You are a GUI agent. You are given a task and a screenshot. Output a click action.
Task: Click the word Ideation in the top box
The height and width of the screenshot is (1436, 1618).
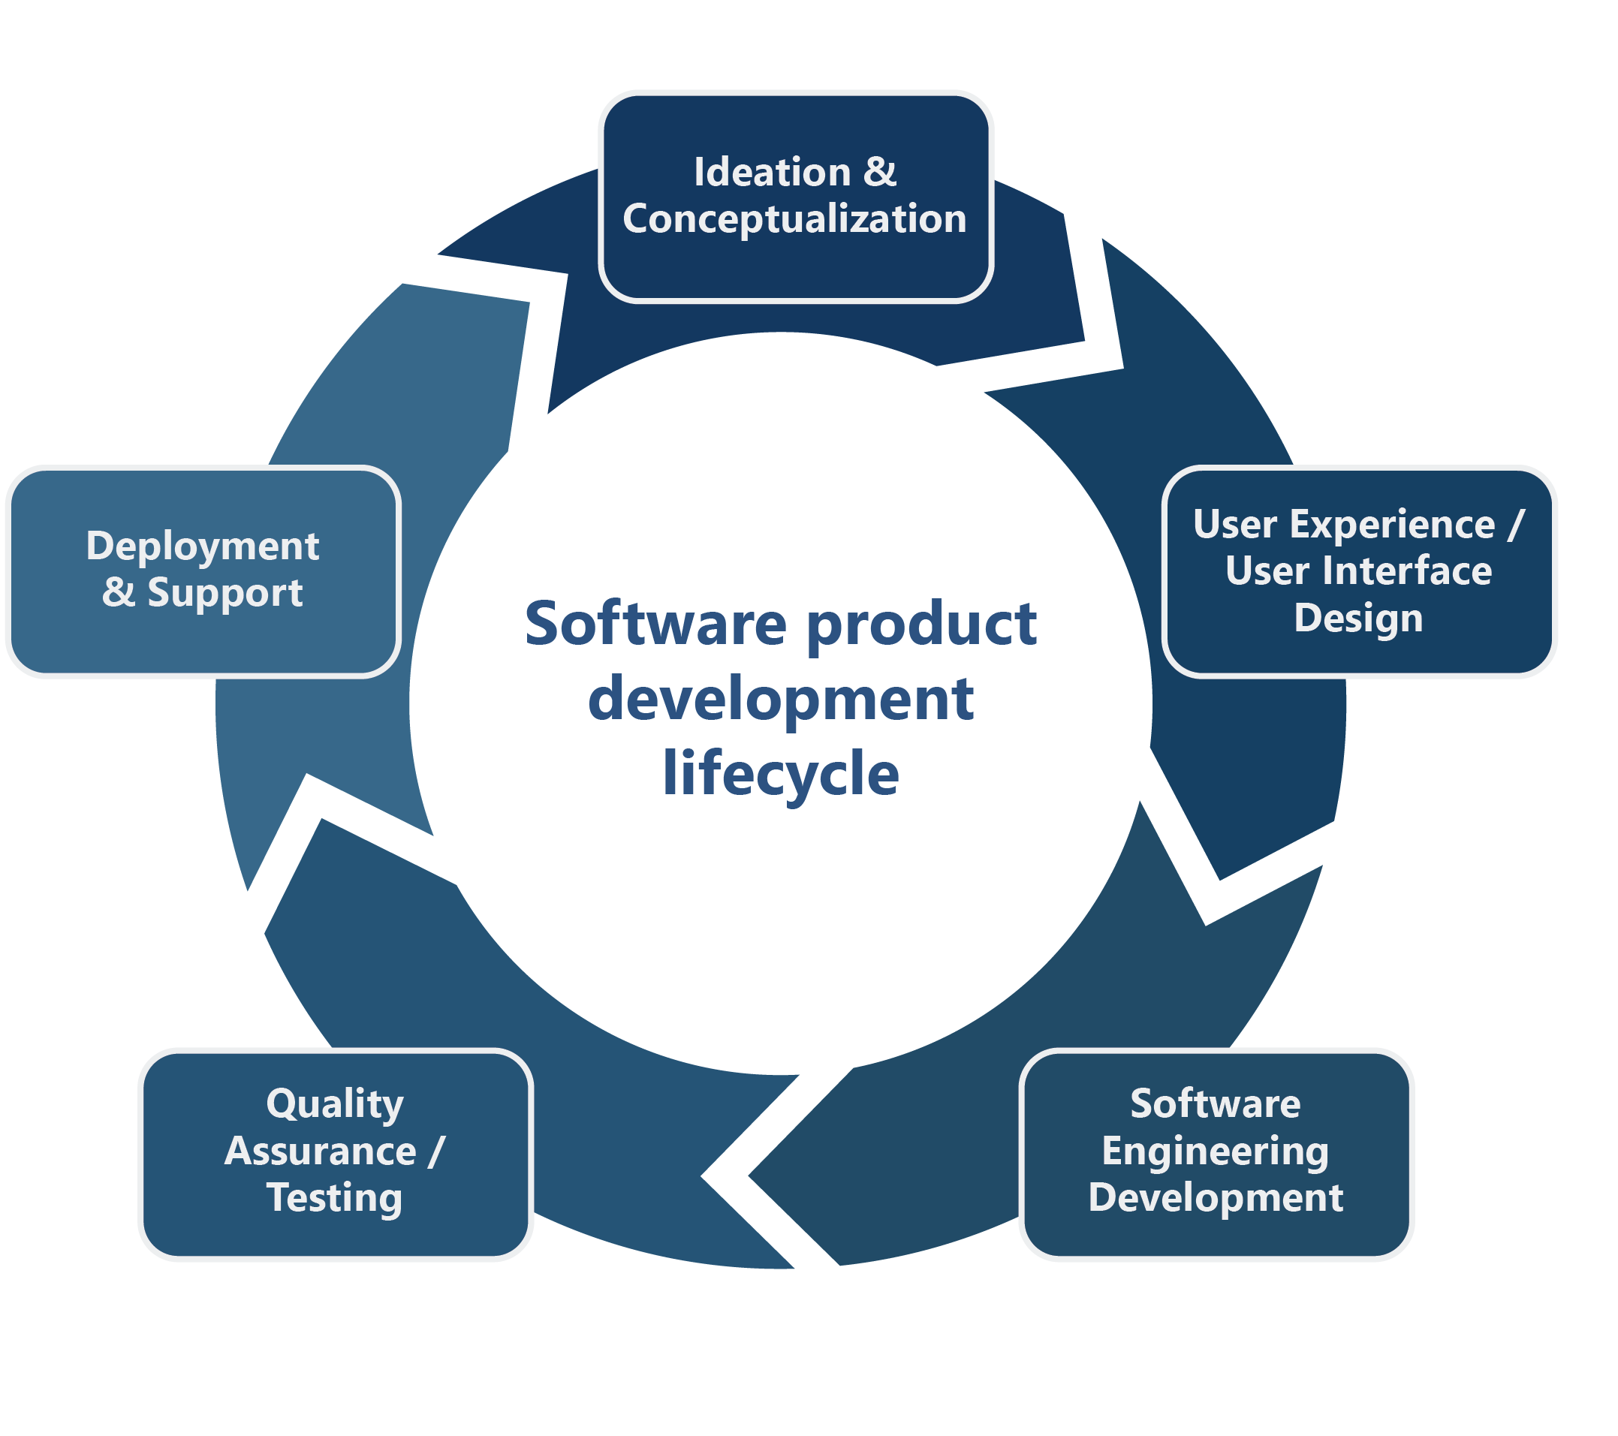tap(772, 172)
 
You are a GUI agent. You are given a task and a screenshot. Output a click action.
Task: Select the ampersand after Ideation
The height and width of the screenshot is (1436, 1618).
tap(879, 172)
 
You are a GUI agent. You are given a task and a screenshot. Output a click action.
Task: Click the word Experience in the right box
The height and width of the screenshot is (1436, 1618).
tap(1393, 524)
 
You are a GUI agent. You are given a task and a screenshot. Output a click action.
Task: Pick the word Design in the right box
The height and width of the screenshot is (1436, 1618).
tap(1357, 619)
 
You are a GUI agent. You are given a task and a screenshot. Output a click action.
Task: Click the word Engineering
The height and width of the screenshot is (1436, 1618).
tap(1215, 1151)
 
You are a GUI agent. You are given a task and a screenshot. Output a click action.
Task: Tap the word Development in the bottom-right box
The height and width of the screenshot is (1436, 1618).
tap(1215, 1198)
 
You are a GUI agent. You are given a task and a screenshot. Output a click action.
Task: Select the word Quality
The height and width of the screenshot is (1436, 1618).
tap(335, 1104)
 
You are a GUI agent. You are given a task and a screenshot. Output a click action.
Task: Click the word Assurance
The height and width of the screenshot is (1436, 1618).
tap(321, 1151)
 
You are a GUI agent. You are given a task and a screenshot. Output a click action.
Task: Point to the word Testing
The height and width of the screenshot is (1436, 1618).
tap(335, 1198)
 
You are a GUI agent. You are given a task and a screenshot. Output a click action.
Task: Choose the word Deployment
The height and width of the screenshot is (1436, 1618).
tap(203, 546)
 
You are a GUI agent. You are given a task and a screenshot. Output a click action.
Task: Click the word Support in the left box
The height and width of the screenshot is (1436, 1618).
tap(224, 593)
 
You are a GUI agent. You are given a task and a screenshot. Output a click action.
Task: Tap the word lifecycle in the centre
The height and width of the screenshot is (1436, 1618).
tap(781, 773)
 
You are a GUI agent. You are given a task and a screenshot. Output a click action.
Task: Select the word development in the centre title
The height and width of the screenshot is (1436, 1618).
tap(781, 700)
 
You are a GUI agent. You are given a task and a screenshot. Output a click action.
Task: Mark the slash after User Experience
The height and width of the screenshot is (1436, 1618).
tap(1515, 524)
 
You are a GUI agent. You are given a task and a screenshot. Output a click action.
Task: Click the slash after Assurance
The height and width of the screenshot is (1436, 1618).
tap(436, 1151)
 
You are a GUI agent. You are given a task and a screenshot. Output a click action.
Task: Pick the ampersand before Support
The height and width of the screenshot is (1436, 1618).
tap(119, 593)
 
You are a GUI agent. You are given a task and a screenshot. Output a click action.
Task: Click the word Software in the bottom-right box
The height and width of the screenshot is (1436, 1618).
tap(1215, 1104)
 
